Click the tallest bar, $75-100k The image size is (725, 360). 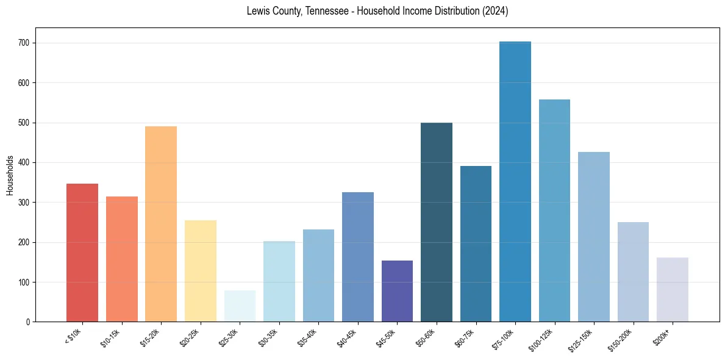[515, 183]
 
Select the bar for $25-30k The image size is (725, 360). [240, 306]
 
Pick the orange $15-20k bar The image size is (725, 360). [161, 225]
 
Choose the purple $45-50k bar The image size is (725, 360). [397, 292]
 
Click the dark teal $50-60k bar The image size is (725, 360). [437, 223]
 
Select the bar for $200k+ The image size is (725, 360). [673, 290]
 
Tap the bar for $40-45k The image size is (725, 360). [358, 257]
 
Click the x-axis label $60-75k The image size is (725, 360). [465, 337]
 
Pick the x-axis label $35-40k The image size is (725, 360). [307, 337]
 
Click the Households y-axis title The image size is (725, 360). [10, 175]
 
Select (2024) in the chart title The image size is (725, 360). [495, 11]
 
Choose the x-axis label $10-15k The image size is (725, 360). [110, 337]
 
